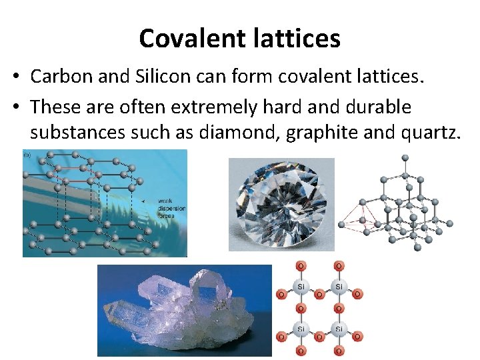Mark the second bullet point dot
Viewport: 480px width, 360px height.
pyautogui.click(x=15, y=107)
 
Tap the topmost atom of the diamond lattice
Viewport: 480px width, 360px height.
pyautogui.click(x=405, y=158)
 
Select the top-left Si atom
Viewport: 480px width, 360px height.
pyautogui.click(x=301, y=287)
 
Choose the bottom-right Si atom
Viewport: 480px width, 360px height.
pyautogui.click(x=339, y=329)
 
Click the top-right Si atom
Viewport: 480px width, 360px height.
pyautogui.click(x=339, y=287)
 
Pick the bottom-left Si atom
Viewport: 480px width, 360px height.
pyautogui.click(x=301, y=329)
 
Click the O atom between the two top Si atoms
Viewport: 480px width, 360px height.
pyautogui.click(x=320, y=293)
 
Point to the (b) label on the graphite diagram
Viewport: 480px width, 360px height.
pyautogui.click(x=27, y=155)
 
